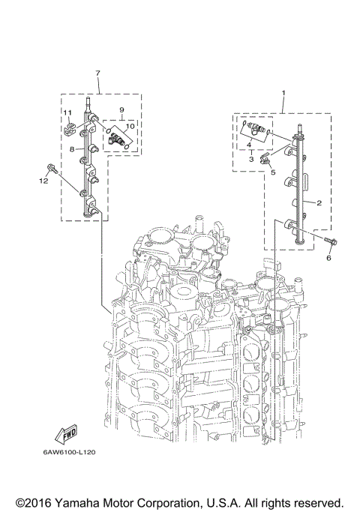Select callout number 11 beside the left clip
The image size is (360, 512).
[x=66, y=113]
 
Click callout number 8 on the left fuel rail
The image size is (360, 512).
[x=72, y=150]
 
